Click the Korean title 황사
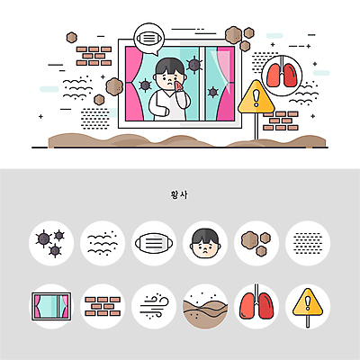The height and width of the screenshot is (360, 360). click(x=180, y=193)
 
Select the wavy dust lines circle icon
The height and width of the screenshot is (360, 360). click(x=103, y=242)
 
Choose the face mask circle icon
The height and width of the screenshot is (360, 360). click(x=154, y=242)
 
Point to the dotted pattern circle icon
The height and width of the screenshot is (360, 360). click(x=308, y=242)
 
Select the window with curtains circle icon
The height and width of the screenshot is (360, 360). click(x=51, y=306)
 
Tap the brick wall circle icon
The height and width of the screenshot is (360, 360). click(x=103, y=306)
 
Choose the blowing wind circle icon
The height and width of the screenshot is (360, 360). click(x=154, y=306)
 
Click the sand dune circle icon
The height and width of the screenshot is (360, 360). click(x=205, y=306)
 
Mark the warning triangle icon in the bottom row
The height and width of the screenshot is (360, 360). click(x=308, y=306)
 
